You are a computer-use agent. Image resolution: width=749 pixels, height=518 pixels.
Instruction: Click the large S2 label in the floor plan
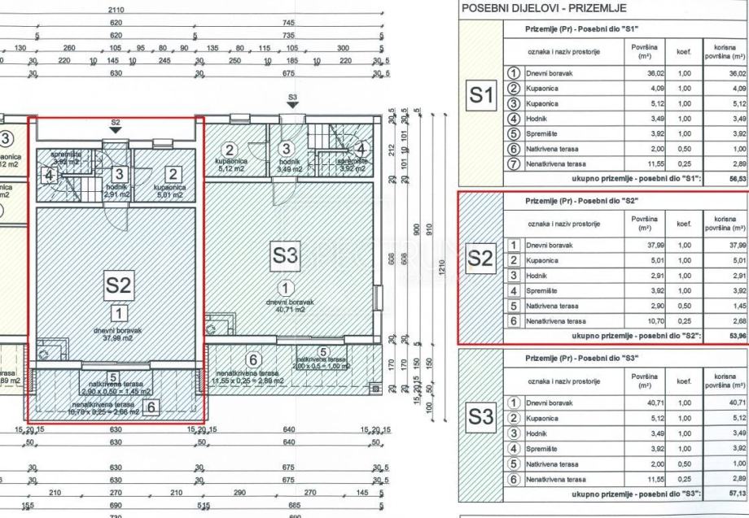[x=117, y=285]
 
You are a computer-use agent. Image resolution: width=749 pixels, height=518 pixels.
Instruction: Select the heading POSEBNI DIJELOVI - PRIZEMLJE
[x=541, y=9]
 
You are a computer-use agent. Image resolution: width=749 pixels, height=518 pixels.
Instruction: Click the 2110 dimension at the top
[x=116, y=10]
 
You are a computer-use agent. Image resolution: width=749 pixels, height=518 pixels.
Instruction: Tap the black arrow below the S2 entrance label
[x=116, y=128]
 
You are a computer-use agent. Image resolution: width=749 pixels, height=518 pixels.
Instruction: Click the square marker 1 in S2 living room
[x=118, y=311]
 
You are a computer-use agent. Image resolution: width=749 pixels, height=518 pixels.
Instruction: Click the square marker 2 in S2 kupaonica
[x=173, y=173]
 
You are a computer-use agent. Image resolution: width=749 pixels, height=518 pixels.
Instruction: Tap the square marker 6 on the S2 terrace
[x=151, y=408]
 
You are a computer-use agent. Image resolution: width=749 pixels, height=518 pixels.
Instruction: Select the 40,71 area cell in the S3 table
[x=643, y=403]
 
